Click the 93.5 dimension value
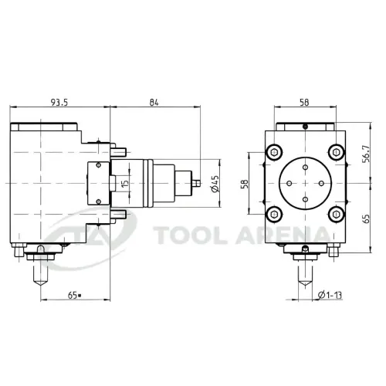tap(59, 103)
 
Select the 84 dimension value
tap(154, 103)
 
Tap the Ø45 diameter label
tap(215, 184)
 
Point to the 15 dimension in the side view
tap(124, 184)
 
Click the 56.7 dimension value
tap(366, 154)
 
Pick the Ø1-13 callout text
tap(330, 295)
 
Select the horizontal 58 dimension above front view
tap(304, 103)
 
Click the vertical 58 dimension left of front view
tap(245, 184)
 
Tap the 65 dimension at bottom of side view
tap(74, 296)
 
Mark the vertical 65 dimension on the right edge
tap(366, 218)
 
